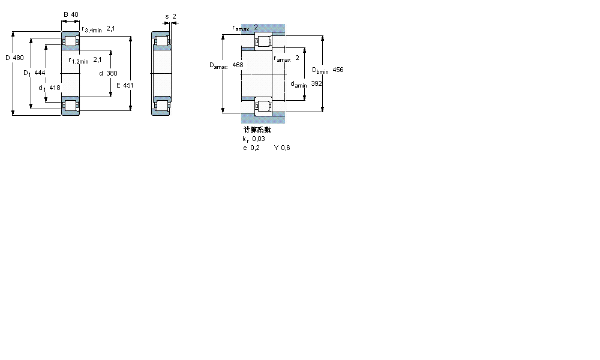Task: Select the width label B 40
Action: (71, 15)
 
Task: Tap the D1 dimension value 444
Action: (40, 73)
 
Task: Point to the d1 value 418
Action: (55, 88)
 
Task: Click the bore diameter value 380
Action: (112, 73)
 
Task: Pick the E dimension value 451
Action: (128, 85)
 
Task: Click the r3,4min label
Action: (91, 29)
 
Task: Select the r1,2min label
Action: (79, 60)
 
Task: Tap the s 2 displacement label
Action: (170, 16)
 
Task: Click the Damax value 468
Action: (238, 64)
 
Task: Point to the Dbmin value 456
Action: (338, 70)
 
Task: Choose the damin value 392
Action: (316, 84)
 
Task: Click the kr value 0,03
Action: (258, 139)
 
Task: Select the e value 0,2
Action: (255, 148)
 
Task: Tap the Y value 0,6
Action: (285, 148)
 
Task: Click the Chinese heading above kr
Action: (256, 130)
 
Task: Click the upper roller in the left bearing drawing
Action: (71, 42)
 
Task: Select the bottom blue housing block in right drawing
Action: (263, 118)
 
